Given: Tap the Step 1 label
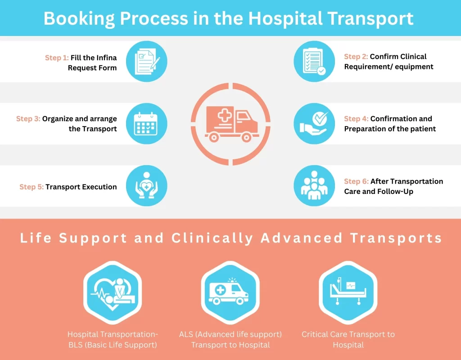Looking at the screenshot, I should pyautogui.click(x=56, y=58).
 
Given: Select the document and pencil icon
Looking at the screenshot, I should pyautogui.click(x=146, y=62).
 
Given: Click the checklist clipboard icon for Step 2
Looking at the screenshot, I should pyautogui.click(x=314, y=62).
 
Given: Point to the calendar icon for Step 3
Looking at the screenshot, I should pyautogui.click(x=146, y=124).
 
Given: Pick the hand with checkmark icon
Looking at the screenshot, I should pyautogui.click(x=314, y=124).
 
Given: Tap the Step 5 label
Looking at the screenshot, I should pyautogui.click(x=31, y=187).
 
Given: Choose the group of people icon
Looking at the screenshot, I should pyautogui.click(x=314, y=186).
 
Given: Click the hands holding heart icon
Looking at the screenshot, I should pyautogui.click(x=146, y=186).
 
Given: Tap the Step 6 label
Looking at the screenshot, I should pyautogui.click(x=356, y=181).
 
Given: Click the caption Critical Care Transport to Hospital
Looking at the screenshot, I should pyautogui.click(x=348, y=339).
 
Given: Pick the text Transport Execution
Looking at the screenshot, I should pyautogui.click(x=81, y=187).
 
